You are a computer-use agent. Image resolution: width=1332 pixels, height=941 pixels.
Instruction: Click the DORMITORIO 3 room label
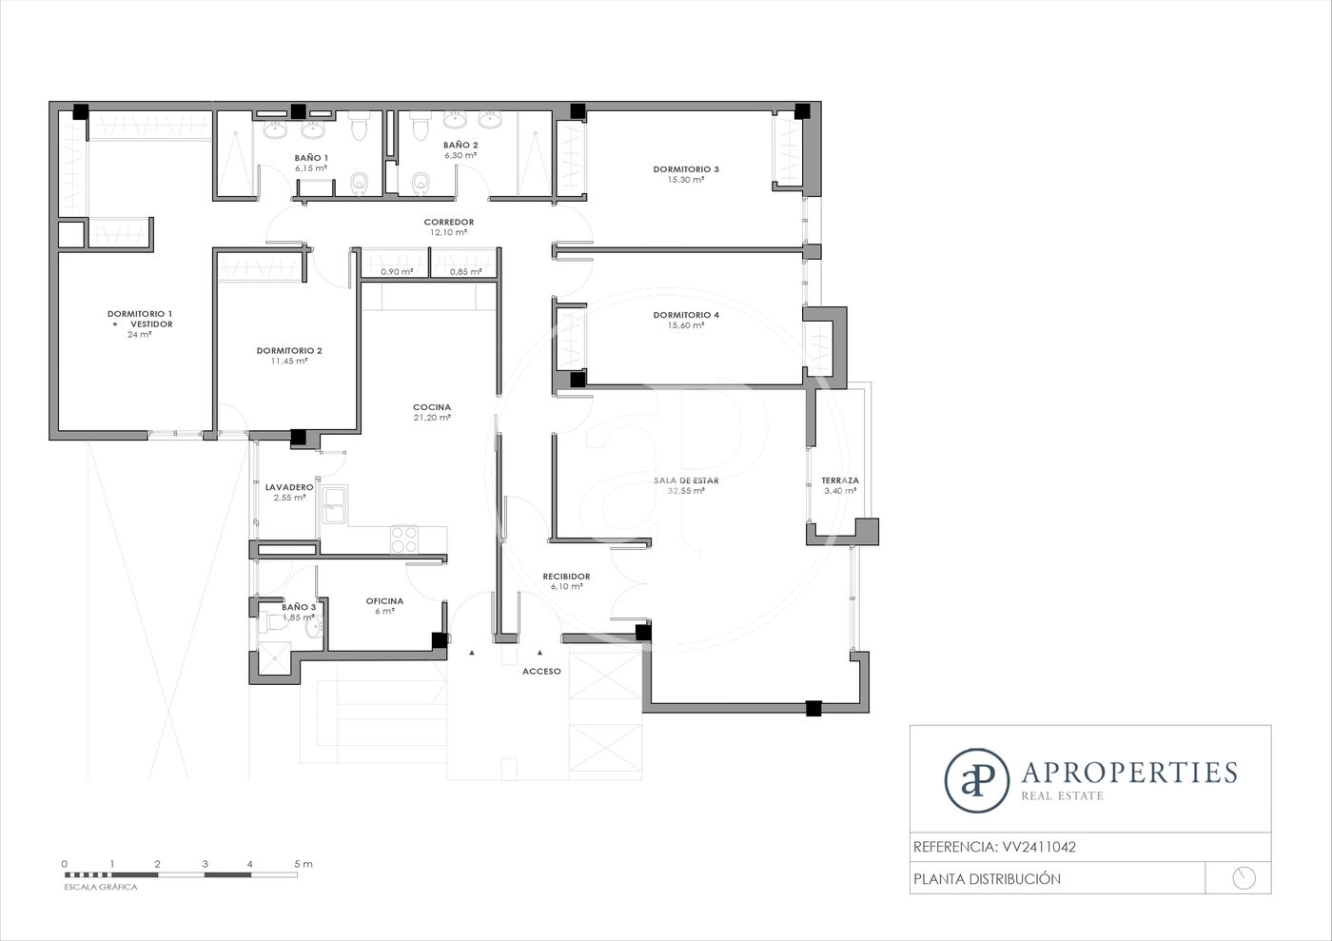[x=686, y=169]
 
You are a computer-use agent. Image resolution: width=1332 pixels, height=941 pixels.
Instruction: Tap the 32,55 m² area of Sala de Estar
[x=686, y=491]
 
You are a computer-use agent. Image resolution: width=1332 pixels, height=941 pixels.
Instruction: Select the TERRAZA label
[x=840, y=480]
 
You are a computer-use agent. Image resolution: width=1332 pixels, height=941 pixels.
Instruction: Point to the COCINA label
[x=432, y=407]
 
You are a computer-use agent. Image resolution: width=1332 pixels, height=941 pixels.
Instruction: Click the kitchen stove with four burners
[x=403, y=539]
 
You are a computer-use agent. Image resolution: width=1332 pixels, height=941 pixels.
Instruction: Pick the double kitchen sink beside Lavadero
[x=335, y=504]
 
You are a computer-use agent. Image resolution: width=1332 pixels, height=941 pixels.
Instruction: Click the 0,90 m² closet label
[x=397, y=272]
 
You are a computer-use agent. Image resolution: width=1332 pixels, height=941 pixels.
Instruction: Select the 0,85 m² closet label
[x=465, y=272]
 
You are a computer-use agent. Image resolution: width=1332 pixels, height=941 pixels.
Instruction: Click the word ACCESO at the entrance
[x=541, y=671]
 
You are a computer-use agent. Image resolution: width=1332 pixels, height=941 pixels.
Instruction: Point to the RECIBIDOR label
[x=566, y=576]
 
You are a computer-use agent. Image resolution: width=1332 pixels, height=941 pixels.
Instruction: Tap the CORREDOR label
[x=449, y=222]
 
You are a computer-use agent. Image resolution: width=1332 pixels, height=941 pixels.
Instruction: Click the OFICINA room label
[x=384, y=600]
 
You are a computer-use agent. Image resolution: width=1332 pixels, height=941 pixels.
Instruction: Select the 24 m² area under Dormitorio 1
[x=139, y=334]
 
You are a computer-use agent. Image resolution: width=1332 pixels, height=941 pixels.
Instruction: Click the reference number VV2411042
[x=1039, y=847]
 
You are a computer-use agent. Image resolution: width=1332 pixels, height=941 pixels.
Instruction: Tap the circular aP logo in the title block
[x=977, y=780]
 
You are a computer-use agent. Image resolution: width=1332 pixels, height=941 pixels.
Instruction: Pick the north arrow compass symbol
[x=1244, y=878]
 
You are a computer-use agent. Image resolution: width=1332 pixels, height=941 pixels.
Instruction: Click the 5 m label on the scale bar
[x=304, y=864]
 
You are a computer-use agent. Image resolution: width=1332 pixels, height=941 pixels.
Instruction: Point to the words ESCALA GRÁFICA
[x=101, y=887]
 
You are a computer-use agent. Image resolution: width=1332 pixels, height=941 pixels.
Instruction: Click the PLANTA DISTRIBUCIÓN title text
[x=987, y=878]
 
